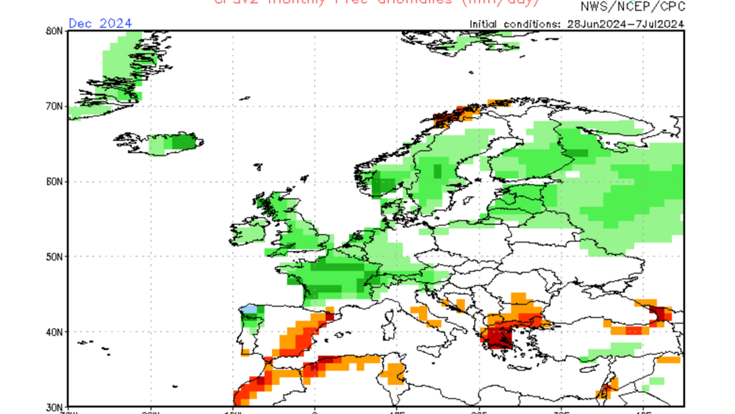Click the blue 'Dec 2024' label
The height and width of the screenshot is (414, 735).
(x=100, y=23)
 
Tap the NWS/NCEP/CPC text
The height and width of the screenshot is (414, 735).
(x=633, y=7)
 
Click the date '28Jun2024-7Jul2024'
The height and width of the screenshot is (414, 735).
(x=625, y=24)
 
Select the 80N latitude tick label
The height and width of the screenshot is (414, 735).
(x=54, y=32)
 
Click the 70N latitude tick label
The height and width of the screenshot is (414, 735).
(x=54, y=107)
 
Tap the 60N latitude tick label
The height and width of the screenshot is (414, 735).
(x=54, y=182)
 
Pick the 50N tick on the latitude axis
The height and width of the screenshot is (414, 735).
(x=54, y=257)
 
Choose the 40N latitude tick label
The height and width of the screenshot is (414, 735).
(x=54, y=332)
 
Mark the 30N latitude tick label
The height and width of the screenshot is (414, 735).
(x=54, y=406)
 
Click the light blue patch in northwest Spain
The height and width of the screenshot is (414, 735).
(x=250, y=310)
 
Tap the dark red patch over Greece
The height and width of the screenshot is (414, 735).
(x=502, y=339)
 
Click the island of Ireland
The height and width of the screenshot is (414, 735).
(x=247, y=235)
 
